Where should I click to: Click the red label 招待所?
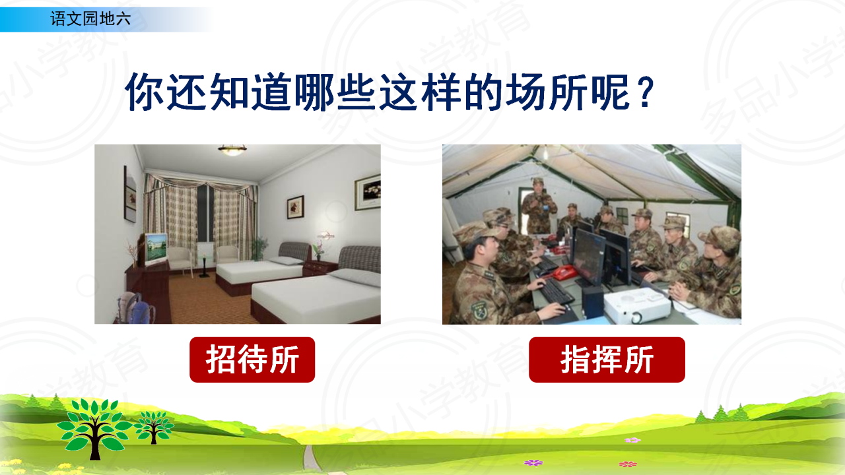click(252, 360)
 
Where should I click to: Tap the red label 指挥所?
click(607, 360)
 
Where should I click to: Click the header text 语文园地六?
click(90, 18)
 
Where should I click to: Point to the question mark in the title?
click(646, 92)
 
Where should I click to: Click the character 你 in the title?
click(145, 92)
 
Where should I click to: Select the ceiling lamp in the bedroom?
click(232, 150)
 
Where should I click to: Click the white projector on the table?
click(637, 305)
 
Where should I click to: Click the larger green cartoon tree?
click(94, 429)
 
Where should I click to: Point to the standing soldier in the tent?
click(539, 206)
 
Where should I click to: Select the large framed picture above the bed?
click(368, 192)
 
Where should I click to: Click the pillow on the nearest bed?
click(355, 277)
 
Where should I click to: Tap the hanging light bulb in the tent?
click(545, 153)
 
